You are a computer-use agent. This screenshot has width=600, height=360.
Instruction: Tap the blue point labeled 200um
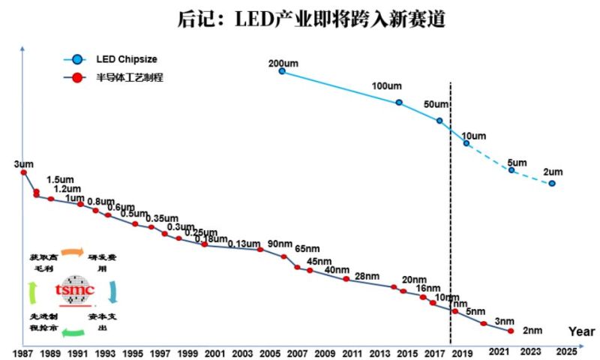282,71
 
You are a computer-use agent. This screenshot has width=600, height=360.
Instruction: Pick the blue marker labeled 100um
399,103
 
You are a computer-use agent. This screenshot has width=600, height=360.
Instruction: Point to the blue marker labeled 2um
552,184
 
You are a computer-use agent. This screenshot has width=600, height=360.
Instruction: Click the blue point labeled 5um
511,170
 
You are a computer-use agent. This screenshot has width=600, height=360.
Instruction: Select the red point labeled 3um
23,172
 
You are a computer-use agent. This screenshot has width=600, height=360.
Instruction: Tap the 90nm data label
280,244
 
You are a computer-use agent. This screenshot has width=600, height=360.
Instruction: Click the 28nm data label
367,276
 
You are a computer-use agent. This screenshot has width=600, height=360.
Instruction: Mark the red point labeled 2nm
511,331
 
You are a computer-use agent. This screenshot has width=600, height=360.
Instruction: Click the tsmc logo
74,290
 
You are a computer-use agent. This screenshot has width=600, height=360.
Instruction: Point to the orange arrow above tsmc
73,253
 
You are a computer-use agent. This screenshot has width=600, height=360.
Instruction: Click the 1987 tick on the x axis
23,352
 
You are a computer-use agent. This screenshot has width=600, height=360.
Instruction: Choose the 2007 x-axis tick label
297,352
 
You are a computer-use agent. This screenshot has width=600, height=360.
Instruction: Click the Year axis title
581,331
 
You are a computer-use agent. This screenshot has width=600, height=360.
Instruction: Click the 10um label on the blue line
473,136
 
